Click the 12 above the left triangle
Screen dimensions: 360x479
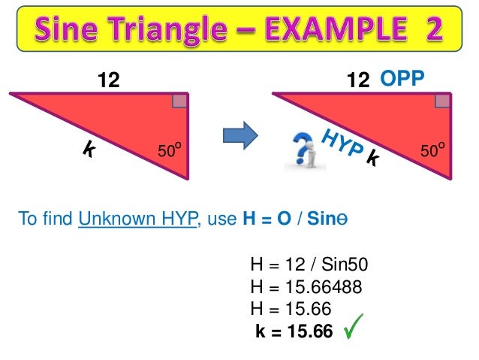tap(110, 79)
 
